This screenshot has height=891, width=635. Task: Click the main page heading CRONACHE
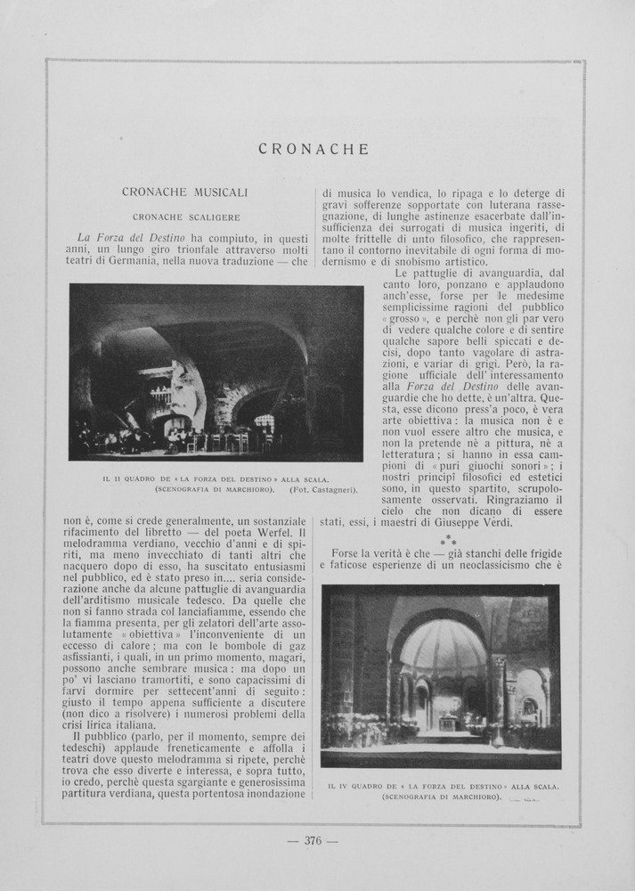[313, 150]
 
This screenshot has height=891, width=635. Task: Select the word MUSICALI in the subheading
[221, 192]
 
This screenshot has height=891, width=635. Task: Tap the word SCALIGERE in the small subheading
[216, 217]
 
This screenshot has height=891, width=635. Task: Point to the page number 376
[313, 839]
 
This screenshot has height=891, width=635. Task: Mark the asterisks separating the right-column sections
[448, 541]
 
